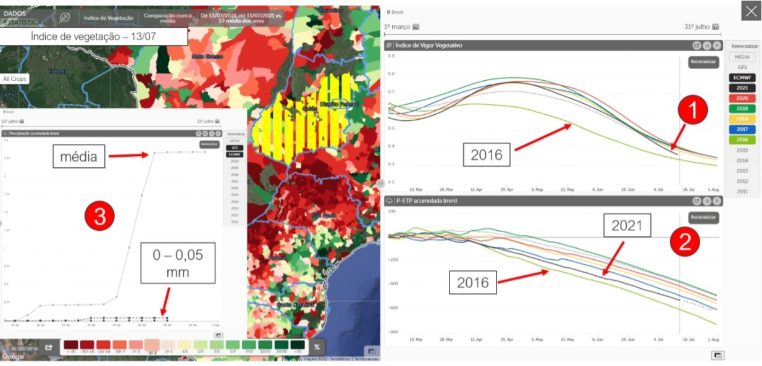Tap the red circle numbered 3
pos(100,217)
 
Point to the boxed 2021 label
pos(627,227)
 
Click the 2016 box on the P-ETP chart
pos(473,283)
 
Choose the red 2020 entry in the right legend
pos(742,98)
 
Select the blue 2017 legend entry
pos(742,129)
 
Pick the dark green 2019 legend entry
pos(742,109)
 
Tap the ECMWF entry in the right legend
pos(742,78)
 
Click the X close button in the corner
pos(751,11)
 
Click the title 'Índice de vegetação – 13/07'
pos(93,36)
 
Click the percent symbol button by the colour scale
pos(317,347)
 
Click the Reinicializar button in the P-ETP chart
pos(703,217)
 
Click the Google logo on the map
pos(12,356)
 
